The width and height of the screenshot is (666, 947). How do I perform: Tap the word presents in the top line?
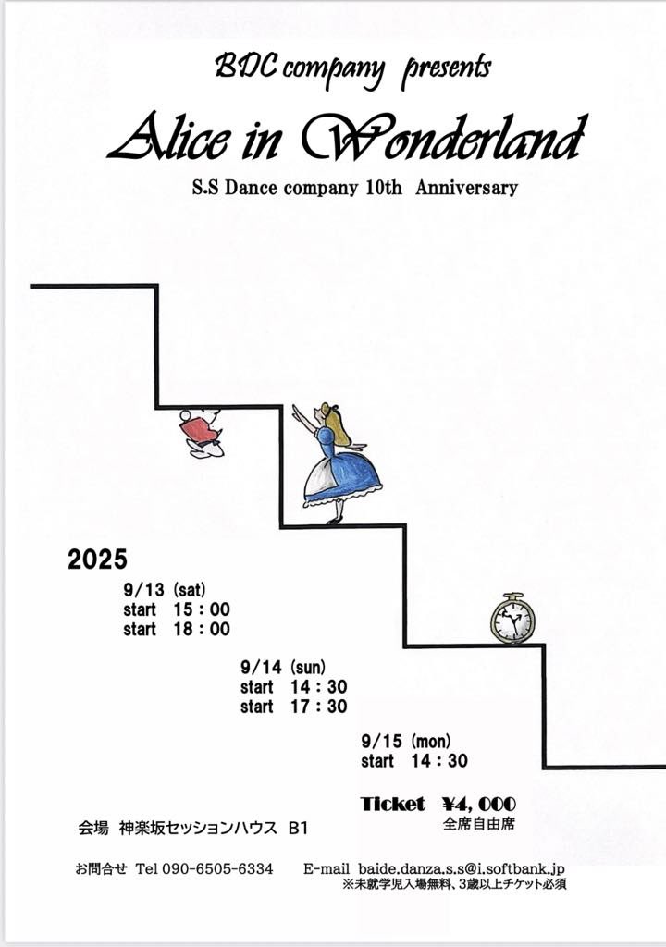[x=446, y=68]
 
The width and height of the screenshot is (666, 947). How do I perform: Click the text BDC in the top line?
[x=240, y=66]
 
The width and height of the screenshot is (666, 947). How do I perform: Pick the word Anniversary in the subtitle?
[x=466, y=188]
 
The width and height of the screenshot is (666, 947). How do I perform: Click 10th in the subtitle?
[x=381, y=188]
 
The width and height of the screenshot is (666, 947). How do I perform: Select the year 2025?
[x=97, y=560]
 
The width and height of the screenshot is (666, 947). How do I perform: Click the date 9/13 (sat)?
[x=164, y=589]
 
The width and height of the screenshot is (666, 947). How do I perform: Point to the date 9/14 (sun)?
[x=283, y=667]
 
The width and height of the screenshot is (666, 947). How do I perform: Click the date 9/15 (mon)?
[x=406, y=741]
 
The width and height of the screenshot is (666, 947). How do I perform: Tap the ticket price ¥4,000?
[x=479, y=804]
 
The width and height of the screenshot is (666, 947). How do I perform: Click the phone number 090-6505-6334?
[x=217, y=869]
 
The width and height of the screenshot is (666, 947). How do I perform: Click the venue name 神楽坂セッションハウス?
[x=199, y=829]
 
